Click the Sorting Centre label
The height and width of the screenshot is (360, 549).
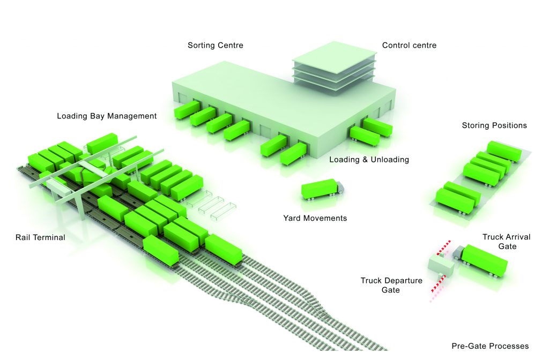point(215,46)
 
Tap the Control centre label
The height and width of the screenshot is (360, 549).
point(409,46)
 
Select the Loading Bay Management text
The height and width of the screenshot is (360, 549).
point(107,116)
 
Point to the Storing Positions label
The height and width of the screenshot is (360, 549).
point(494,126)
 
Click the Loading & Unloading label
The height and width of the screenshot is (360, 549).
point(369,160)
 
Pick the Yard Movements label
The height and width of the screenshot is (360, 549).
point(315,218)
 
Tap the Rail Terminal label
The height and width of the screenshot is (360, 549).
point(40,237)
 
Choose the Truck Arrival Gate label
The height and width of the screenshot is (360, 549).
point(499,242)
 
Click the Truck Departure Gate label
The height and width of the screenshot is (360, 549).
point(391,285)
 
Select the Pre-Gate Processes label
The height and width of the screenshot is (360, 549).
point(490,346)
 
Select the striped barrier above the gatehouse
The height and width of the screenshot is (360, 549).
point(443,247)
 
